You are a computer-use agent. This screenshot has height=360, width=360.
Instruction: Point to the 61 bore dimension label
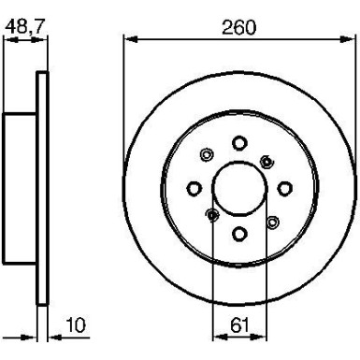point(239,326)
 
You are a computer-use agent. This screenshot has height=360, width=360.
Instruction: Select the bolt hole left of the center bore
point(194,187)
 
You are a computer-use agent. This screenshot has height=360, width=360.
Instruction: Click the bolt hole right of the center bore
point(285,187)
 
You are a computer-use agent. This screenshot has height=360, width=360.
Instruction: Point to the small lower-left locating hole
point(212,217)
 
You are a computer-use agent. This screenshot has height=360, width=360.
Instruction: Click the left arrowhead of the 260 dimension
point(129,38)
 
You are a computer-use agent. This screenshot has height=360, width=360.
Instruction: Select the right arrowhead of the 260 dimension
point(351,38)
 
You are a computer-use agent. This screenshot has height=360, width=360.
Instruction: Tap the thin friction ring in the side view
point(40,187)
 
